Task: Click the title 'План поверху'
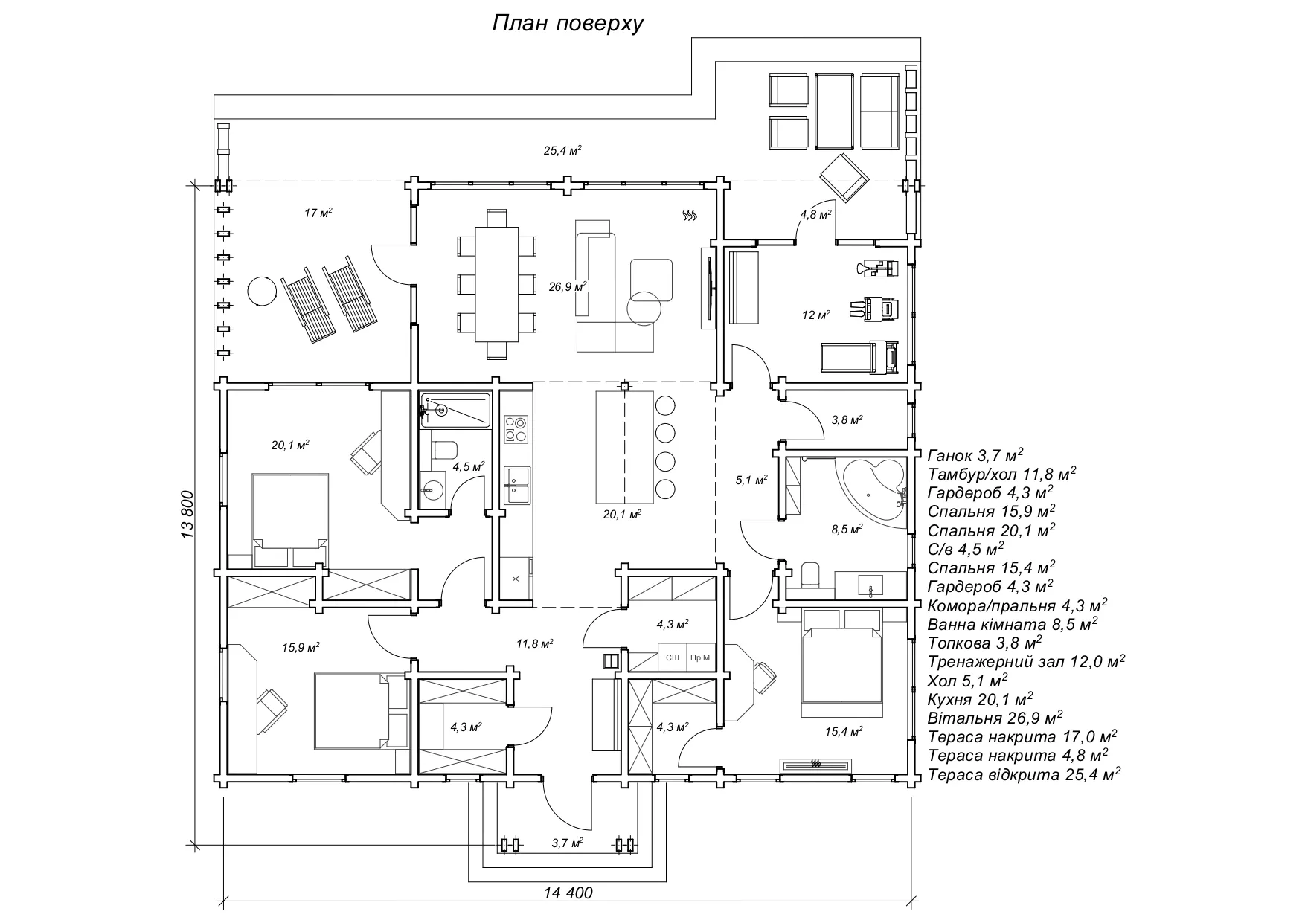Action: (568, 24)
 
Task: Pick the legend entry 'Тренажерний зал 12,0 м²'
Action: (1026, 661)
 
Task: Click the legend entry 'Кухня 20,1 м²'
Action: (980, 699)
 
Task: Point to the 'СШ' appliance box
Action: (672, 657)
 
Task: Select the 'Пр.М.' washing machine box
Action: (700, 657)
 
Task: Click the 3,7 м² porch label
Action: (567, 843)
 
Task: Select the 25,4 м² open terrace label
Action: (562, 151)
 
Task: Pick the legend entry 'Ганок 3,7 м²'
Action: (975, 454)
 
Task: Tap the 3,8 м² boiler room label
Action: (846, 420)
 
